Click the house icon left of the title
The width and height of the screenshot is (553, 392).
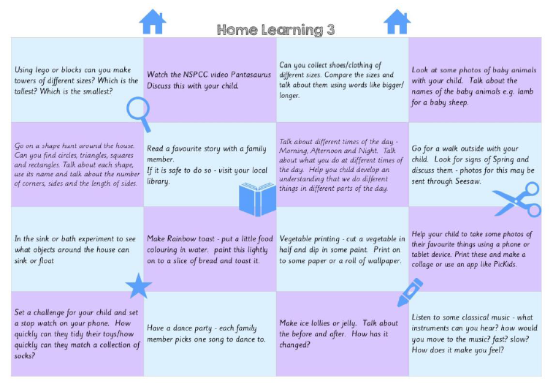pyautogui.click(x=153, y=22)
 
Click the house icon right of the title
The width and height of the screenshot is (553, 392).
pyautogui.click(x=397, y=22)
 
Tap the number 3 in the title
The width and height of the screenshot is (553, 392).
pyautogui.click(x=330, y=30)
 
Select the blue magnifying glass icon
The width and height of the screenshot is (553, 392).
pyautogui.click(x=139, y=113)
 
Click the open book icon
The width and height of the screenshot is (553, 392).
pyautogui.click(x=257, y=199)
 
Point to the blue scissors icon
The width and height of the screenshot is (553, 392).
pyautogui.click(x=517, y=200)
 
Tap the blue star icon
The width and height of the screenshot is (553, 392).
pyautogui.click(x=139, y=286)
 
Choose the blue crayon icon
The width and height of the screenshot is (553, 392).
pyautogui.click(x=410, y=293)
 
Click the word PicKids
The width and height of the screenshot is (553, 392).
pyautogui.click(x=505, y=264)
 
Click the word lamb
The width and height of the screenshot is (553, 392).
pyautogui.click(x=525, y=91)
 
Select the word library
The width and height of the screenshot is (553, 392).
pyautogui.click(x=158, y=181)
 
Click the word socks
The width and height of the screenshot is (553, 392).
pyautogui.click(x=24, y=355)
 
